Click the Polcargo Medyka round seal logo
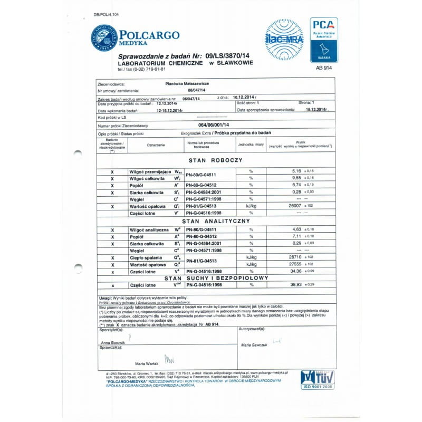click(x=104, y=38)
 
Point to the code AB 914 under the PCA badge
click(x=324, y=68)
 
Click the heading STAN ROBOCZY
click(x=215, y=159)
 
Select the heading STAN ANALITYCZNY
click(x=215, y=222)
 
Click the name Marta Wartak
click(x=147, y=364)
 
